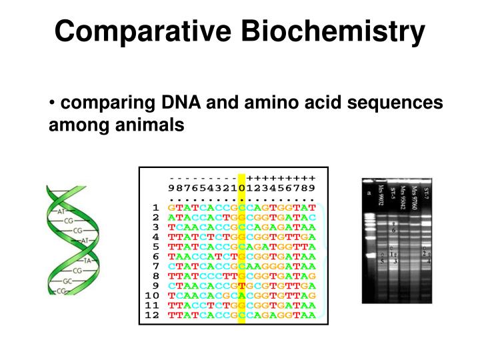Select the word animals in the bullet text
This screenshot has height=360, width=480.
pos(152,124)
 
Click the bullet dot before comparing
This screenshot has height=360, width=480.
pos(52,104)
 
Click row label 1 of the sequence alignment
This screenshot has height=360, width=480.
pos(155,208)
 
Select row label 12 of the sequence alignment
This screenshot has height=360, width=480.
pos(152,315)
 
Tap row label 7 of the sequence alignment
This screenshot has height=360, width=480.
pos(155,266)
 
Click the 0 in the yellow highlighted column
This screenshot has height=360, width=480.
pos(242,189)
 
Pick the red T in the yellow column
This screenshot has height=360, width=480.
pos(242,285)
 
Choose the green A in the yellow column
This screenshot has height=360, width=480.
pos(242,295)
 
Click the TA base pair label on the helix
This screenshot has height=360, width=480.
pos(86,260)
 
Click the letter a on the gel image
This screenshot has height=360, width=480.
pos(369,193)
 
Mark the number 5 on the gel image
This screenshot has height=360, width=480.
pos(381,261)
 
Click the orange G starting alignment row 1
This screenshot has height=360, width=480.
pos(171,208)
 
